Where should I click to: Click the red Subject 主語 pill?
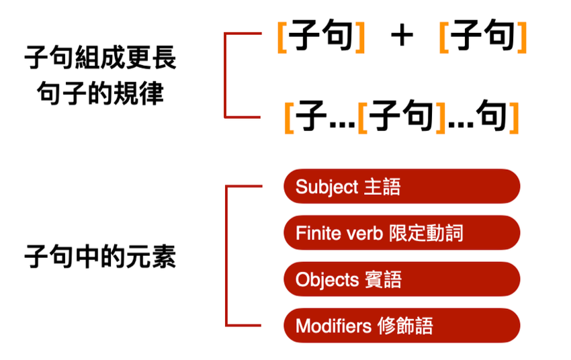pos(401,187)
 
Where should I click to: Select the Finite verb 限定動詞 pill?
pos(401,233)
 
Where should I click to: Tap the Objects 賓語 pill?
pos(401,279)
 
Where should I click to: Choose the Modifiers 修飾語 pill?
pos(401,326)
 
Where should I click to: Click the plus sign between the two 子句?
pos(401,36)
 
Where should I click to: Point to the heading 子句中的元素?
pos(100,257)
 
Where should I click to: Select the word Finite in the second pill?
pos(315,233)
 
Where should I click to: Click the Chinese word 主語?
pos(382,187)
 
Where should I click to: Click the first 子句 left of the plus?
pos(322,36)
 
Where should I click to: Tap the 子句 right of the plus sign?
pos(483,36)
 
